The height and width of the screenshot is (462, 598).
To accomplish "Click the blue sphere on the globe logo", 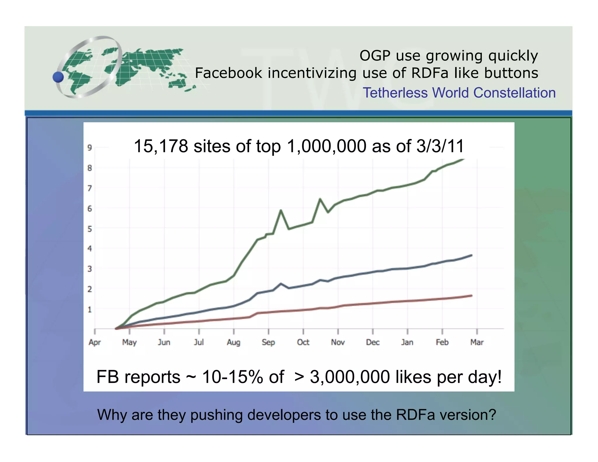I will coord(58,77).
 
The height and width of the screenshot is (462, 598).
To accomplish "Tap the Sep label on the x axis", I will coord(268,342).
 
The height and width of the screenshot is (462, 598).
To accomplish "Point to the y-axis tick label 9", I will coord(90,148).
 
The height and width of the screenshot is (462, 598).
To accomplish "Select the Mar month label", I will coord(477,342).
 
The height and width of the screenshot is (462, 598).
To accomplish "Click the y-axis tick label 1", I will coord(90,310).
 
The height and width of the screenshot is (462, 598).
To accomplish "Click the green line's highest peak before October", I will coord(281,210).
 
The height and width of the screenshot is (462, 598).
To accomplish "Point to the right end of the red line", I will coord(471,296).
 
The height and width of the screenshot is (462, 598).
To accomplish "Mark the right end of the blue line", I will coord(471,256).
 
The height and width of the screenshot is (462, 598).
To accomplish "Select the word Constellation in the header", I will coord(514,93).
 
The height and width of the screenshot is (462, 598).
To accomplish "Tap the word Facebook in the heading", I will coord(229,73).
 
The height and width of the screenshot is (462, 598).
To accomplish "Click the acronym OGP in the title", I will coord(375,55).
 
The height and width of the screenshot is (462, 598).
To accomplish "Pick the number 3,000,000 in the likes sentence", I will coord(350,377).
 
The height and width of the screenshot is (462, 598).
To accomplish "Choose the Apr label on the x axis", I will coord(95,342).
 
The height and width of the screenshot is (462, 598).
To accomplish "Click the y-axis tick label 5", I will coord(90,229).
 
